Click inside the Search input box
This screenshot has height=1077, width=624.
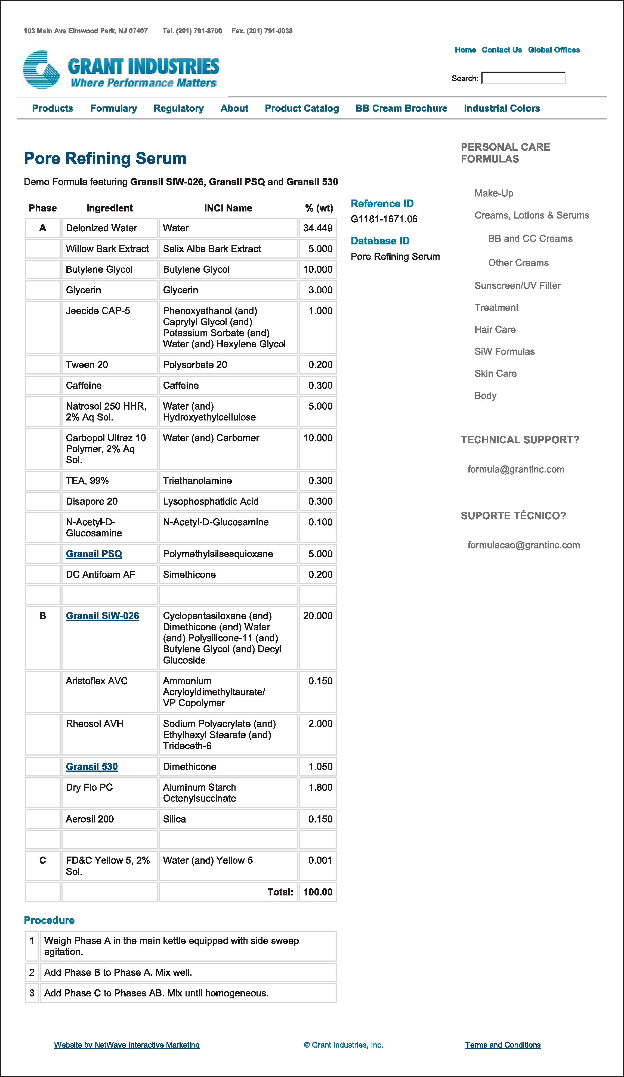tap(523, 78)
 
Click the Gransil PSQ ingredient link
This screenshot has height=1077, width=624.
tap(94, 554)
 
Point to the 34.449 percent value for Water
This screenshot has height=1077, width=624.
tap(317, 228)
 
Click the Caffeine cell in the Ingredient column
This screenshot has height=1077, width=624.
tap(84, 385)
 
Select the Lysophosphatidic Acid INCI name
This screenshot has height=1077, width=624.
tap(211, 501)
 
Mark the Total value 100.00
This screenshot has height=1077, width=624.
tap(317, 892)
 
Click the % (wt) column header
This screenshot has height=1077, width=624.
tap(319, 208)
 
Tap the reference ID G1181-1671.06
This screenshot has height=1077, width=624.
tap(384, 219)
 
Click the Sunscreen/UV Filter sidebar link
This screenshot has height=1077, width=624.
tap(517, 286)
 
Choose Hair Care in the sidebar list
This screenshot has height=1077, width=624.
tap(495, 330)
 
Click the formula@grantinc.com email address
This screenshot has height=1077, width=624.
tap(515, 469)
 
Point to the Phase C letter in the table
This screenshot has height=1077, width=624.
tap(43, 861)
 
